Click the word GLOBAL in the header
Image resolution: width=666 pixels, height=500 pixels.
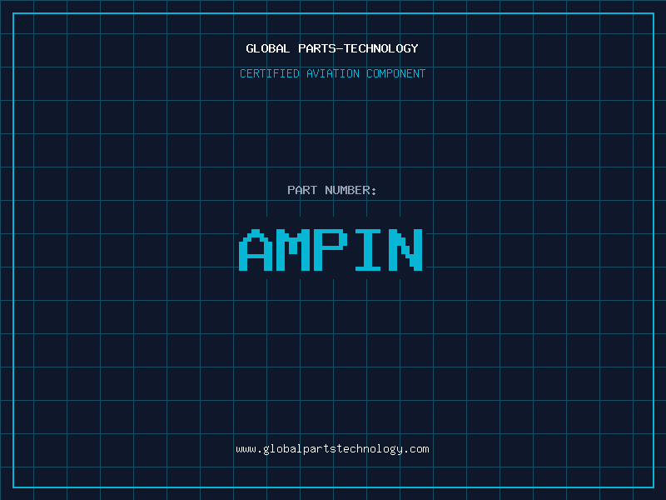pos(267,48)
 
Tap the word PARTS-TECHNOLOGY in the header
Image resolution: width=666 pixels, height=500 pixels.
pos(359,48)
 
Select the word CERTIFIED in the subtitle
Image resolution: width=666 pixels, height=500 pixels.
pos(270,73)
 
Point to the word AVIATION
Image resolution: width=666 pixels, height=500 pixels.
pos(333,73)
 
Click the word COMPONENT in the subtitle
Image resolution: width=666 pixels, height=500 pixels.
pos(396,73)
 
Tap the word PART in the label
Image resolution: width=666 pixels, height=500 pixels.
pos(302,190)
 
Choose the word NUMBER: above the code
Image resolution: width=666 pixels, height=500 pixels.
pos(350,190)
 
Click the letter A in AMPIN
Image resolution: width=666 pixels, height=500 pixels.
pos(256,250)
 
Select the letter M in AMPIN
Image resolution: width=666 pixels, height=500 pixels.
pos(294,250)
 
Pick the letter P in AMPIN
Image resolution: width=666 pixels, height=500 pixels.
pos(331,250)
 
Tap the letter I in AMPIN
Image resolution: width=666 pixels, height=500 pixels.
pos(368,250)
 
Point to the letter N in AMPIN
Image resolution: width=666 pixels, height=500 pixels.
pos(405,250)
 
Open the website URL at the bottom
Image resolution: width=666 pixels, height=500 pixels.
pos(332,449)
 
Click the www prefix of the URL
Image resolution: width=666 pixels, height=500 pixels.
pos(246,450)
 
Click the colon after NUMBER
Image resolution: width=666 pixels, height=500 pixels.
pos(374,192)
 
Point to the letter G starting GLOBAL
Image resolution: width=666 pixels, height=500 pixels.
pos(250,48)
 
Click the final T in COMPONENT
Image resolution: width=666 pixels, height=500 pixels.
pos(422,73)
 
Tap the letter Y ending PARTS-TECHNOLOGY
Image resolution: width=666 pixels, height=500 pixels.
pos(415,48)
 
